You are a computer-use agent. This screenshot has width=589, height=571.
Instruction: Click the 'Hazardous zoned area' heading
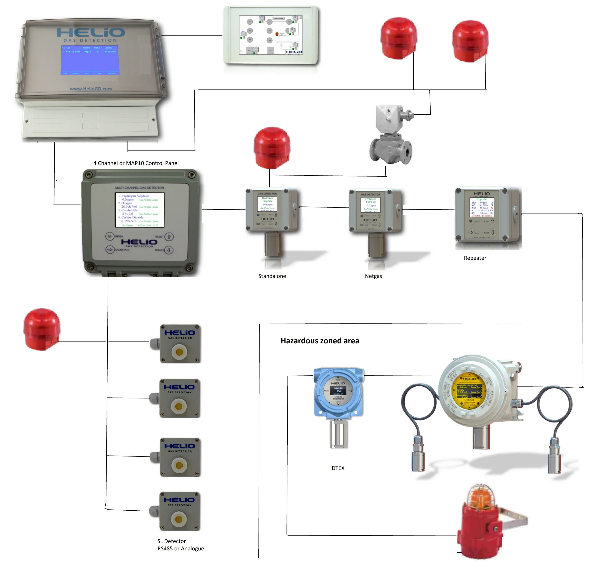(x=320, y=341)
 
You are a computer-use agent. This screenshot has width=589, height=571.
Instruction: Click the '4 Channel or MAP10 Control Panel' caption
(x=136, y=163)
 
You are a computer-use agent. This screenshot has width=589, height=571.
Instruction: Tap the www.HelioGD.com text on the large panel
(x=91, y=89)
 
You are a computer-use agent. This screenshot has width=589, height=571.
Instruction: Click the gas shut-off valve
(x=391, y=135)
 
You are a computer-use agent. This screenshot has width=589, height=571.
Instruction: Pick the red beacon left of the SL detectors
(x=42, y=329)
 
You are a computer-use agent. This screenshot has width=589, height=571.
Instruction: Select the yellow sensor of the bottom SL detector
(x=179, y=519)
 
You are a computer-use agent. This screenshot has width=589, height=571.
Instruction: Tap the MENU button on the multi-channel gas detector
(x=110, y=236)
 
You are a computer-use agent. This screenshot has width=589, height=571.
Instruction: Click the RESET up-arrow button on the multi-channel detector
(x=169, y=237)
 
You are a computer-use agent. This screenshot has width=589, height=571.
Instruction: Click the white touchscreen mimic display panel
(x=271, y=35)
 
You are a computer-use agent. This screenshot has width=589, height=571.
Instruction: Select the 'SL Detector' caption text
(x=172, y=541)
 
